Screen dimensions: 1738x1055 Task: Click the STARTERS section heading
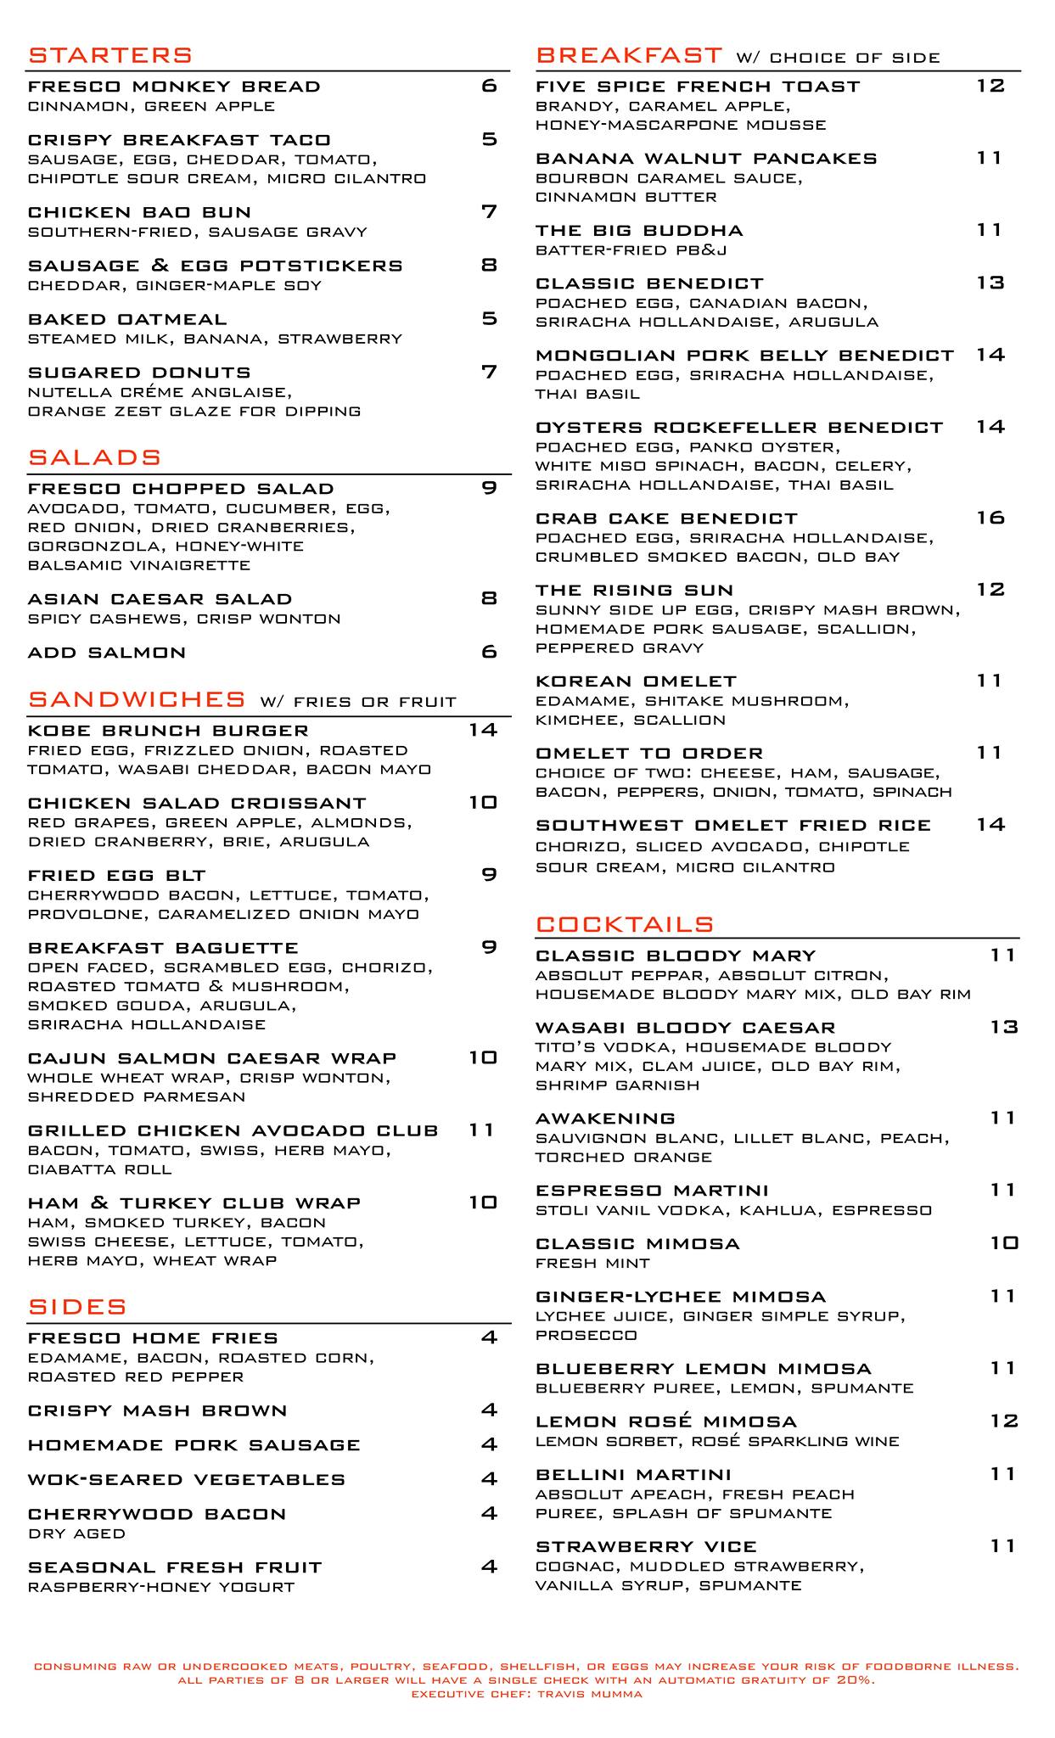tap(110, 56)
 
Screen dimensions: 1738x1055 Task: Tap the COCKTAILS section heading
tap(625, 924)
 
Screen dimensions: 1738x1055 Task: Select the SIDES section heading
tap(77, 1307)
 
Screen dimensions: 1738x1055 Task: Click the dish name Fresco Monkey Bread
tap(174, 87)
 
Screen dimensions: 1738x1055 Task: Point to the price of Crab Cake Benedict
tap(990, 518)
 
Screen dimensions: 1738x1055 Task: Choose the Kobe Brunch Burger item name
tap(168, 731)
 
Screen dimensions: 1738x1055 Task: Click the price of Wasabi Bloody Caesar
tap(1003, 1027)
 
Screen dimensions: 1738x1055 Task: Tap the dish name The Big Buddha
tap(639, 231)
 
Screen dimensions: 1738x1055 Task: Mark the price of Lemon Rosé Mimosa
tap(1003, 1421)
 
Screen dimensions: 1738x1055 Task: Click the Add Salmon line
tap(107, 653)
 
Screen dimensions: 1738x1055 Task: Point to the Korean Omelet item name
tap(636, 681)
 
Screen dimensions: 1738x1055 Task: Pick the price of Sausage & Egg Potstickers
tap(489, 266)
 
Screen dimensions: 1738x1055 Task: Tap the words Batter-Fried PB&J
tap(631, 250)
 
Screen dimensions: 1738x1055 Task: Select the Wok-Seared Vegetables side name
tap(187, 1480)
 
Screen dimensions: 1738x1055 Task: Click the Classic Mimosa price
tap(1003, 1243)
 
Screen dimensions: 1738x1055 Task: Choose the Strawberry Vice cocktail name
tap(646, 1546)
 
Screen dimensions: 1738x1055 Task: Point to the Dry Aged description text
tap(76, 1533)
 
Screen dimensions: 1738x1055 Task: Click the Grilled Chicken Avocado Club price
tap(481, 1130)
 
